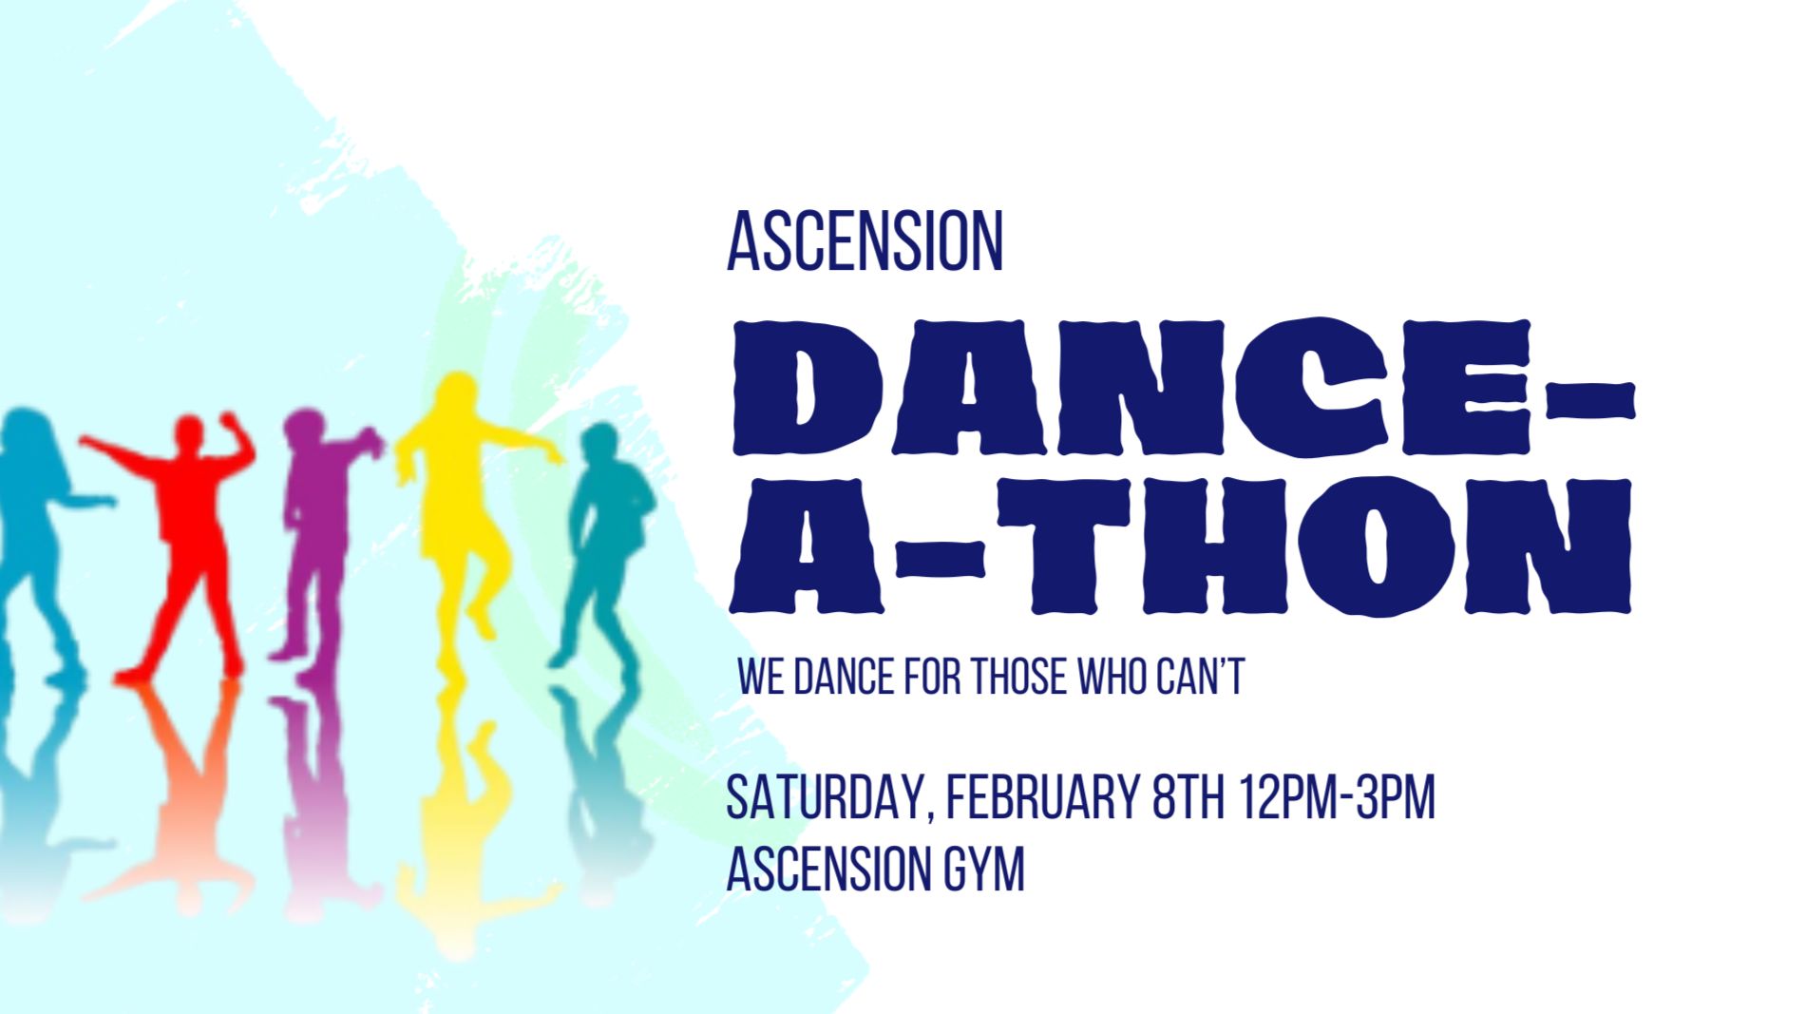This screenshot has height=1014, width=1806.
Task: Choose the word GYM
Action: click(x=984, y=870)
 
